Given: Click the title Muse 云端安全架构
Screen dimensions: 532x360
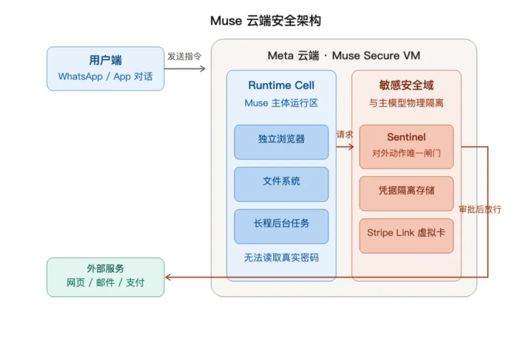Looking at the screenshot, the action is pos(266,21).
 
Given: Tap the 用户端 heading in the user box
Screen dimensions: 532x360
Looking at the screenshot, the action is pos(105,61).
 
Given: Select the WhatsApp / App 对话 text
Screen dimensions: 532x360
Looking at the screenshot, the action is pos(105,76).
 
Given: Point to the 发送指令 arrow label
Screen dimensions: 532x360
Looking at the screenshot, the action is pos(184,56).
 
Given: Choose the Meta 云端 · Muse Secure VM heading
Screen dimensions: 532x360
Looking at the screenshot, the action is pos(344,55).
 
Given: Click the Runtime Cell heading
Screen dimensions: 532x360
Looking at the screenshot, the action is pos(281,85).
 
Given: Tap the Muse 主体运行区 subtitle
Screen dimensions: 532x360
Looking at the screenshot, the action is pos(281,103).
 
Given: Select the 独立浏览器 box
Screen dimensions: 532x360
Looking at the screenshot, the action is pos(281,142).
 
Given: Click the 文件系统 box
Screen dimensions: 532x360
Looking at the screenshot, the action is pos(281,184).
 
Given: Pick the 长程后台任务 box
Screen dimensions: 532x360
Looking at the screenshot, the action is pos(281,227).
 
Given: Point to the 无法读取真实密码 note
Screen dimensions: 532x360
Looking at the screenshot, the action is pos(281,258).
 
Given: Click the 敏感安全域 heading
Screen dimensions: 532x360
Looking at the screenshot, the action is pos(406,85).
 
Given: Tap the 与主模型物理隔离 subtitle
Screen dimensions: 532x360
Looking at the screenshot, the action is pos(406,103).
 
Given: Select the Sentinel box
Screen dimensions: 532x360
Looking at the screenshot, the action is pos(406,147).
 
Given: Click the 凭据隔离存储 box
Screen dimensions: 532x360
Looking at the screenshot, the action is pos(406,194).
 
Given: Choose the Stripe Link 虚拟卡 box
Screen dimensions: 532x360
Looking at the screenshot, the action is pos(406,236).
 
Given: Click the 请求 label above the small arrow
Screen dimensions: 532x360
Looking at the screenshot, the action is pos(345,135).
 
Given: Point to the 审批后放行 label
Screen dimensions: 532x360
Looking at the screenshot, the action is pos(480,209).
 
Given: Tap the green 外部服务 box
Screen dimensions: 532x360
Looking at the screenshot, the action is pos(105,277).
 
